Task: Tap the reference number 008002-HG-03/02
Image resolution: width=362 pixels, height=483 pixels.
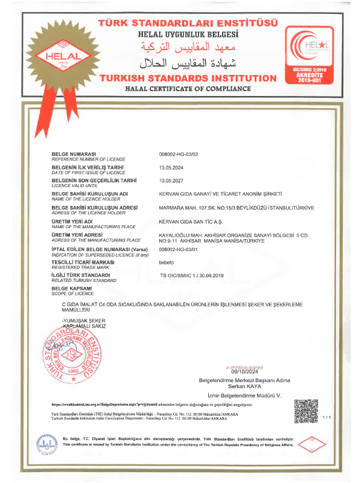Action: pos(182,155)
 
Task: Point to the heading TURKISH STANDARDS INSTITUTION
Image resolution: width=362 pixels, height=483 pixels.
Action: pos(188,78)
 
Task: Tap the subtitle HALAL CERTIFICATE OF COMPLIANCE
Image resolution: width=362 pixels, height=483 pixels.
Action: pos(188,89)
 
